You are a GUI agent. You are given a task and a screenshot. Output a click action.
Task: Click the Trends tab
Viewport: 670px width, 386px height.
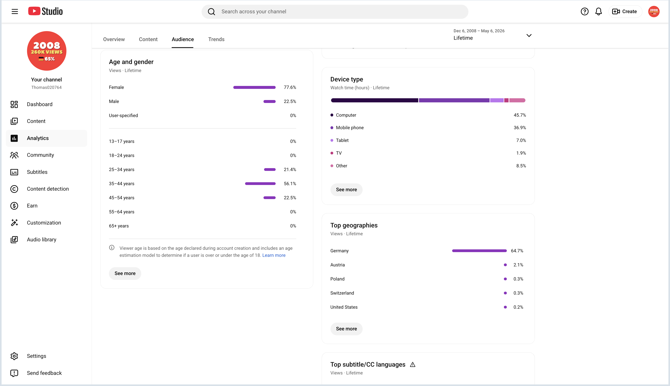tap(216, 39)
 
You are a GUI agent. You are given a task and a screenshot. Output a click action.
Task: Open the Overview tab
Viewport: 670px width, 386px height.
tap(114, 39)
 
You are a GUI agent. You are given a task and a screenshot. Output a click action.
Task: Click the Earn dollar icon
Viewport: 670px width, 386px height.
tap(14, 206)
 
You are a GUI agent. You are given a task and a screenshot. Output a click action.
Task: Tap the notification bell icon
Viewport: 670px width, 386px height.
tap(598, 11)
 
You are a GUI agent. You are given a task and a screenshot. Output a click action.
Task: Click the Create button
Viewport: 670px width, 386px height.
tap(625, 11)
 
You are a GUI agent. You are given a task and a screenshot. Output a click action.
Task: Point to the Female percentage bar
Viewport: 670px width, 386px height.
tap(254, 87)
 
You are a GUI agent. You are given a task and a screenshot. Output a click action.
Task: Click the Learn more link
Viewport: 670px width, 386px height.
tap(274, 255)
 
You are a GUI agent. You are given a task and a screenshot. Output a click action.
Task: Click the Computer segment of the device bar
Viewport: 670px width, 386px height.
tap(374, 100)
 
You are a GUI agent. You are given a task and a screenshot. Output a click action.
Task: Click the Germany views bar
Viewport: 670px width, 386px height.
tap(479, 251)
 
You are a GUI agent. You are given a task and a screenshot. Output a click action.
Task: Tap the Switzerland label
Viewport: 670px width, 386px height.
tap(342, 293)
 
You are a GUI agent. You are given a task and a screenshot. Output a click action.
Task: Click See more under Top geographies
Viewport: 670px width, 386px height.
tap(346, 329)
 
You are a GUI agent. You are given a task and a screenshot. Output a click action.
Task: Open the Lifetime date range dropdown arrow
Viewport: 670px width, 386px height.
tap(529, 35)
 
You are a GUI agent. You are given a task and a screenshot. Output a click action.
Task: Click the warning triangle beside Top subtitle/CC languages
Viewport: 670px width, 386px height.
tap(413, 365)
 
